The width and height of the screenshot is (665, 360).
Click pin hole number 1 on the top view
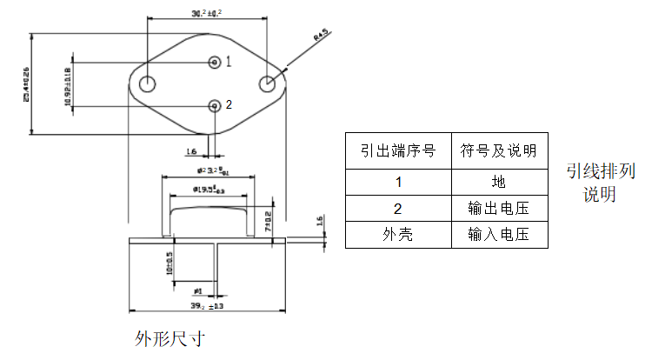[215, 62]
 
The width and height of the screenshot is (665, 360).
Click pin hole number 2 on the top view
[215, 105]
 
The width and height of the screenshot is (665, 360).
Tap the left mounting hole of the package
[148, 83]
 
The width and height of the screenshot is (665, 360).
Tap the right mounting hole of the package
[269, 83]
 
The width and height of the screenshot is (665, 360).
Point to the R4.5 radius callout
[319, 35]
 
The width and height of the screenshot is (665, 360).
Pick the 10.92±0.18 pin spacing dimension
[68, 83]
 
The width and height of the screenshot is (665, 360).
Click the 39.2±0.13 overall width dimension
[207, 306]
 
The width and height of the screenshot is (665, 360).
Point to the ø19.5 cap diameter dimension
[208, 188]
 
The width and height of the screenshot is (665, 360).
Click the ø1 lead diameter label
[198, 290]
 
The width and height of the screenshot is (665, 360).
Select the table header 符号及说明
[498, 151]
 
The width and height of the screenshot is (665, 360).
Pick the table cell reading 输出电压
[498, 209]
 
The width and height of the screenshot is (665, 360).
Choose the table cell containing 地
[498, 183]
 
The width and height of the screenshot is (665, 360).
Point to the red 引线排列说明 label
[600, 182]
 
